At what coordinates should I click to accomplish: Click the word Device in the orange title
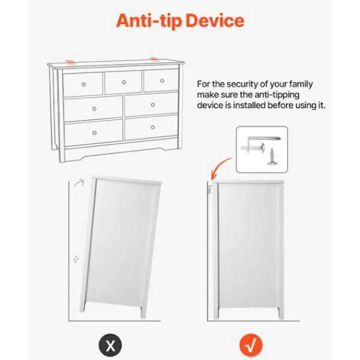pyautogui.click(x=215, y=20)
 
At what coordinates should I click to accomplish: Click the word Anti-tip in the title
pyautogui.click(x=149, y=21)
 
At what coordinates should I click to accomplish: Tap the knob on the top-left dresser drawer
pyautogui.click(x=83, y=84)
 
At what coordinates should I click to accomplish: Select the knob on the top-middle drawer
pyautogui.click(x=124, y=82)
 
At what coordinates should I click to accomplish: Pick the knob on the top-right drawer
pyautogui.click(x=162, y=80)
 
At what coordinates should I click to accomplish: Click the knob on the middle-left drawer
pyautogui.click(x=94, y=109)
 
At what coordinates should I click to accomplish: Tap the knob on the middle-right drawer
pyautogui.click(x=152, y=104)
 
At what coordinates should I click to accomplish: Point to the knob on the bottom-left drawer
pyautogui.click(x=94, y=133)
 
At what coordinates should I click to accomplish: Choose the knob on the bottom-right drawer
pyautogui.click(x=152, y=127)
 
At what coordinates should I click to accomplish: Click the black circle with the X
pyautogui.click(x=110, y=345)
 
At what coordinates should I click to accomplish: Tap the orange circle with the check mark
pyautogui.click(x=251, y=345)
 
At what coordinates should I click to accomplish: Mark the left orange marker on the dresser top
pyautogui.click(x=70, y=62)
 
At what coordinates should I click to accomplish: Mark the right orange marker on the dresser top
pyautogui.click(x=154, y=59)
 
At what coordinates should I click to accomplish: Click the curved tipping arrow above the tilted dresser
pyautogui.click(x=79, y=183)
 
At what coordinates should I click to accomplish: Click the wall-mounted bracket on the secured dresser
pyautogui.click(x=209, y=190)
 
